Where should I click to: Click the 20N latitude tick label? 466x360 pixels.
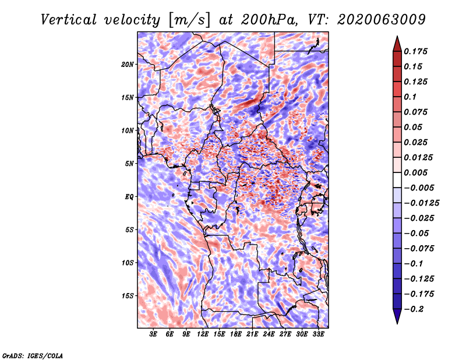[x=128, y=64]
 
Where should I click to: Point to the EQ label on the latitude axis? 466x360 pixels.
[x=130, y=197]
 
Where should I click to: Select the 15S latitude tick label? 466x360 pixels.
[x=128, y=296]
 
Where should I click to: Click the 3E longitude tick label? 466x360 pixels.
[x=154, y=334]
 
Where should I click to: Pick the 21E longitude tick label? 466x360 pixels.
[x=252, y=334]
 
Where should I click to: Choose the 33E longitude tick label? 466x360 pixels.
[x=318, y=334]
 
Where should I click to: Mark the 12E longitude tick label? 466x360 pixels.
[x=203, y=334]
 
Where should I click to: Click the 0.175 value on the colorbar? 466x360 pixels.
[x=417, y=51]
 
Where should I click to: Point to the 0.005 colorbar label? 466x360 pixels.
[x=417, y=172]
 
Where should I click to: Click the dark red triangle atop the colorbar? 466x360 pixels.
[x=396, y=43]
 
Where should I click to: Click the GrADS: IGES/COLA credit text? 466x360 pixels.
[x=32, y=355]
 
